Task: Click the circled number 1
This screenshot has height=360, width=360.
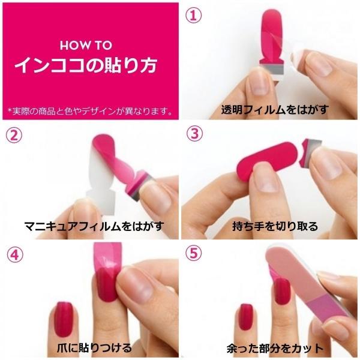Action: pyautogui.click(x=194, y=16)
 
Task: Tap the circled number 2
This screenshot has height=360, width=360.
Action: pyautogui.click(x=14, y=135)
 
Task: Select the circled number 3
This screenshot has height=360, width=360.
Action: pyautogui.click(x=194, y=134)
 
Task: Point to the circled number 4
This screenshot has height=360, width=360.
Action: pyautogui.click(x=15, y=255)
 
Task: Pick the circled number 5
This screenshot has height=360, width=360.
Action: pyautogui.click(x=194, y=253)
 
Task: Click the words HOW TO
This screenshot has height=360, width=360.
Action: pyautogui.click(x=86, y=45)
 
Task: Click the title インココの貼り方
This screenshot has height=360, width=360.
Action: pyautogui.click(x=86, y=65)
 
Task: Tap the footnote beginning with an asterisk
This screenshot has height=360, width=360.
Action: pyautogui.click(x=90, y=111)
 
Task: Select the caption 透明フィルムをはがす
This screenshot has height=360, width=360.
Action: pyautogui.click(x=275, y=110)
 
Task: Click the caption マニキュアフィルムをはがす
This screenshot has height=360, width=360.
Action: pyautogui.click(x=94, y=226)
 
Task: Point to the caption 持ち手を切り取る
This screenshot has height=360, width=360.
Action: pyautogui.click(x=275, y=226)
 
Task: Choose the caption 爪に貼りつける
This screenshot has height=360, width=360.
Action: pyautogui.click(x=94, y=348)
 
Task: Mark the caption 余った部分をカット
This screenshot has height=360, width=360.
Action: pyautogui.click(x=275, y=348)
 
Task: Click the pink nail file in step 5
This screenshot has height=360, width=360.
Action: pyautogui.click(x=308, y=284)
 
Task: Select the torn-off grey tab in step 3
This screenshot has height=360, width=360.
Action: pyautogui.click(x=311, y=152)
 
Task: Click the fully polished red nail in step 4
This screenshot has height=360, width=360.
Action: pyautogui.click(x=64, y=320)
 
